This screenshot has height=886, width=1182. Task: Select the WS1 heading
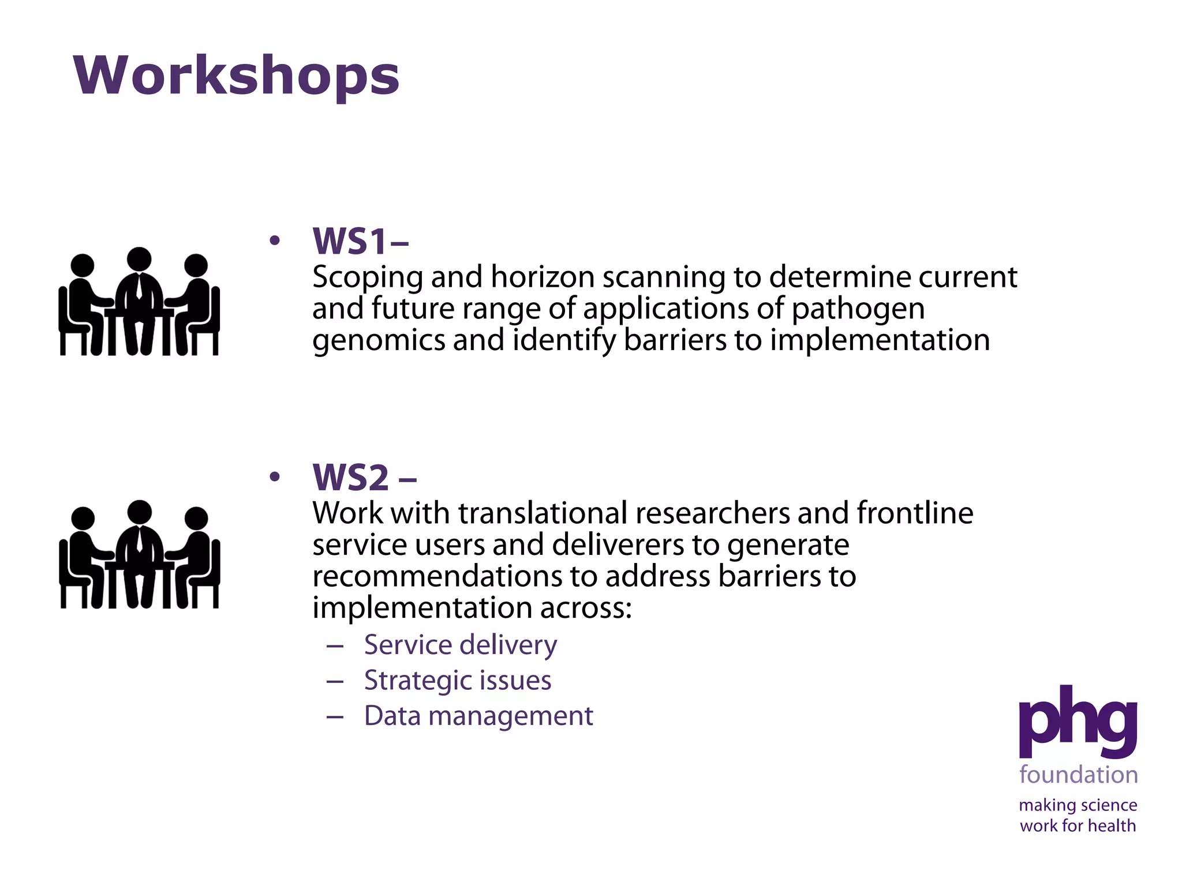coord(360,241)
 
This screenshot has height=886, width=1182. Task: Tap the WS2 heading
coord(364,478)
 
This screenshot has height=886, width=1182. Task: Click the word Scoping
coord(368,278)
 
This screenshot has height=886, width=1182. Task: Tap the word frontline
coord(915,513)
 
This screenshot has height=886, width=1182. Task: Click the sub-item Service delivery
coord(460,644)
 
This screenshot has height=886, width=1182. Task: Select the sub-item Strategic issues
coord(457,680)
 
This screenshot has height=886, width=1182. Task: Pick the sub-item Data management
coord(478,716)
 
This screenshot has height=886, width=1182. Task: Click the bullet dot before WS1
coord(275,240)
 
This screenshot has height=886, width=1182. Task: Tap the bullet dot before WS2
coord(275,476)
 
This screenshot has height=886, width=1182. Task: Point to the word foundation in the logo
coord(1078,775)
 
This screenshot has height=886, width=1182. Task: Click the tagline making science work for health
coord(1078,815)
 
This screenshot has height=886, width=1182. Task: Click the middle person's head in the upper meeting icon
coord(139,259)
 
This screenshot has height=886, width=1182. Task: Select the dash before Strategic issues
coord(335,681)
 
